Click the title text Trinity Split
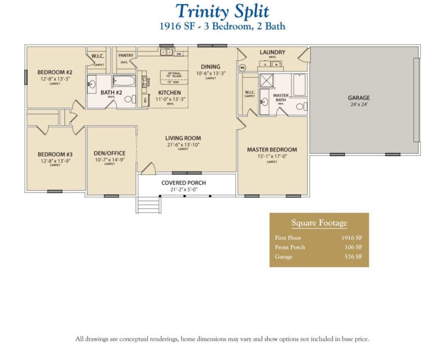[222, 11]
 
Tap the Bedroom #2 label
[54, 72]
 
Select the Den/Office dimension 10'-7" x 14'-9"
[109, 159]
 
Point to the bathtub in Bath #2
[123, 81]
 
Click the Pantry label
[126, 56]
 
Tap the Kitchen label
[169, 92]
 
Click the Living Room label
[183, 138]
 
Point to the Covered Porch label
[184, 183]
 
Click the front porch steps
[149, 205]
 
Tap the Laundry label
[272, 52]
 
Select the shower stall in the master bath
[267, 80]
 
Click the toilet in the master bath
[300, 106]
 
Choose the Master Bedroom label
[272, 150]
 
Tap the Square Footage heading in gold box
[319, 223]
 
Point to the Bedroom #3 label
[54, 154]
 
